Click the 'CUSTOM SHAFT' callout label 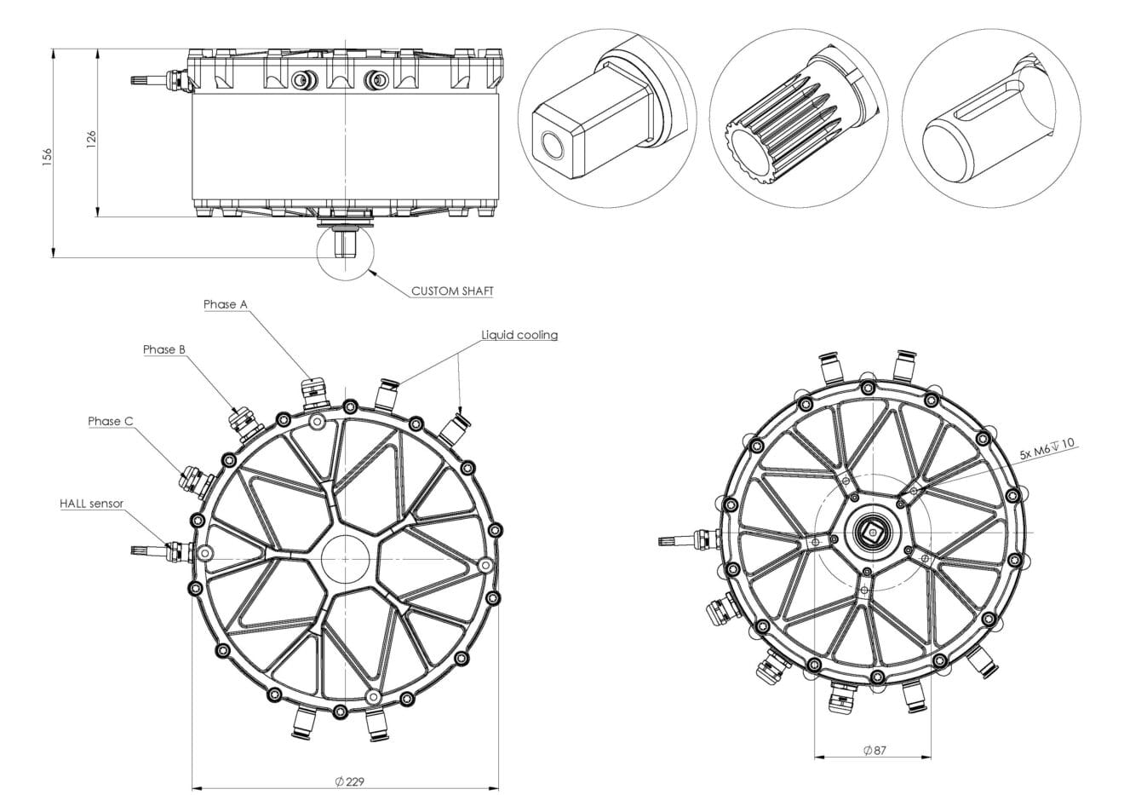click(x=452, y=291)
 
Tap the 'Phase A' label click(x=226, y=304)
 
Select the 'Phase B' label click(x=164, y=349)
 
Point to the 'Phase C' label click(x=110, y=421)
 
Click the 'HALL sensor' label click(x=91, y=504)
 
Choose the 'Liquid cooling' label click(x=519, y=335)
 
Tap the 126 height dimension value click(x=92, y=140)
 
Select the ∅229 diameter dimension click(x=350, y=781)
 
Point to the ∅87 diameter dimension click(x=875, y=750)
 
